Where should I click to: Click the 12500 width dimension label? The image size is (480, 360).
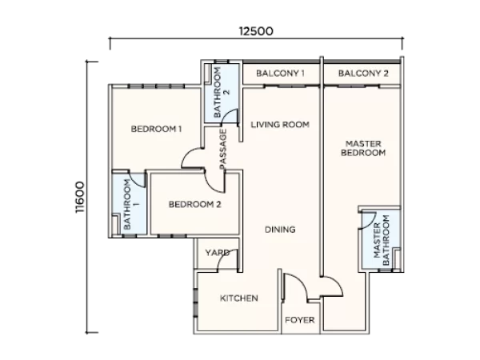(x=256, y=31)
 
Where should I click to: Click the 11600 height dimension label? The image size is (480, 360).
(x=80, y=198)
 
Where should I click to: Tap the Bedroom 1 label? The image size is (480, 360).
(x=156, y=129)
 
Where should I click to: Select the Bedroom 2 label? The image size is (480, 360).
(x=194, y=204)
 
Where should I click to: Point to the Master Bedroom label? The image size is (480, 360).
(x=363, y=148)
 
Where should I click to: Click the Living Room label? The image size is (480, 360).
(x=280, y=125)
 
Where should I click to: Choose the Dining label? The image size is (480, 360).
(x=280, y=230)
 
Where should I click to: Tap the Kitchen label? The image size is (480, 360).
(x=238, y=298)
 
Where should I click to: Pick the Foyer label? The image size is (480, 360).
(x=300, y=320)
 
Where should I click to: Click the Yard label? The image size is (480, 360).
(x=218, y=253)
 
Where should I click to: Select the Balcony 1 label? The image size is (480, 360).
(x=280, y=74)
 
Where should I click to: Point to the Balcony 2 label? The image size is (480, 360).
(x=363, y=74)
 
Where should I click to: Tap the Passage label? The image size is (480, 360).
(x=223, y=149)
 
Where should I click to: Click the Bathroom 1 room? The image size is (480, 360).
(x=129, y=204)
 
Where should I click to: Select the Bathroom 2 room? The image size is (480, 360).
(x=222, y=94)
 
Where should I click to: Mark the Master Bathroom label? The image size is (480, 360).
(x=381, y=240)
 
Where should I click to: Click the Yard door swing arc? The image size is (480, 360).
(x=223, y=257)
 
